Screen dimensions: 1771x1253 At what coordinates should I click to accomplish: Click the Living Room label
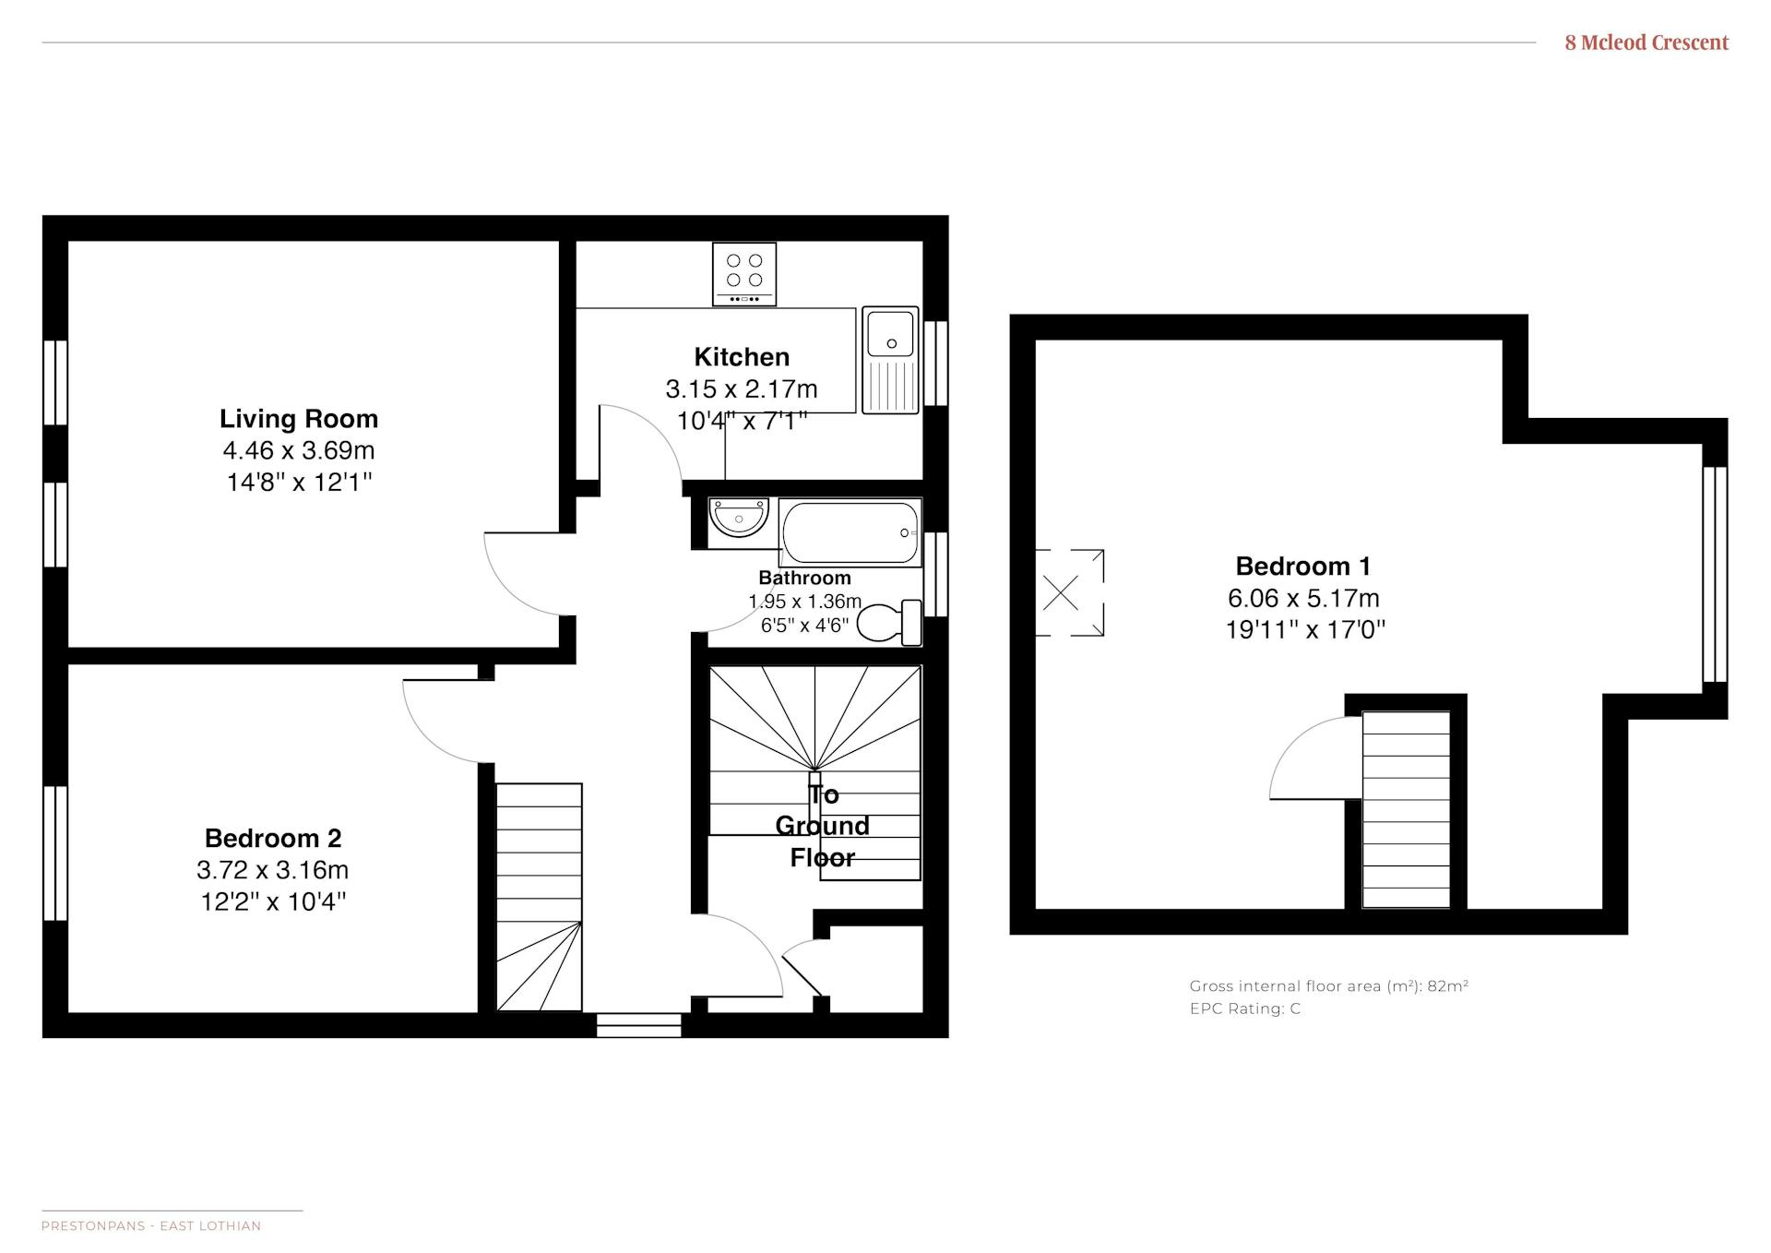299,419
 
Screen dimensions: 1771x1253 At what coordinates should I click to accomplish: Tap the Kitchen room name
742,357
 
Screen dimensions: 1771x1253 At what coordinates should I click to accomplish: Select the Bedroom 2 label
273,839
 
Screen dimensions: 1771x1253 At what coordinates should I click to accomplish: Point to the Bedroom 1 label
1303,567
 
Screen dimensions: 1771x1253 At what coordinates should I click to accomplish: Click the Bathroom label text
804,579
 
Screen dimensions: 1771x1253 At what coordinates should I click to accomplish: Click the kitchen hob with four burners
744,274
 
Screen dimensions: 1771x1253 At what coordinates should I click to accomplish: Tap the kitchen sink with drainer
891,360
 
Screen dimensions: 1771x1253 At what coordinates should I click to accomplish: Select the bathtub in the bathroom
850,532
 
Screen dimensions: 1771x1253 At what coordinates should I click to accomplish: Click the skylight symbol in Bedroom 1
1070,592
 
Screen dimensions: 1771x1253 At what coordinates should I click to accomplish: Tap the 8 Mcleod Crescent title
1646,42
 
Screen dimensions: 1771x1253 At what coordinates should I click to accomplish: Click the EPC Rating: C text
1245,1008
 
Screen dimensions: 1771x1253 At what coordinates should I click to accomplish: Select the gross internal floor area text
1329,985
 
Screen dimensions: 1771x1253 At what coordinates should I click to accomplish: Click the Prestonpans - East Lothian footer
151,1226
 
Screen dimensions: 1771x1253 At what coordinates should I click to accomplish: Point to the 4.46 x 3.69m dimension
299,451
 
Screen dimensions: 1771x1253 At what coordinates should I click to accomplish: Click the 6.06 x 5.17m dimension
1303,599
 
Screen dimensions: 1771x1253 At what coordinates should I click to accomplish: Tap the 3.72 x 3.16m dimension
273,870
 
